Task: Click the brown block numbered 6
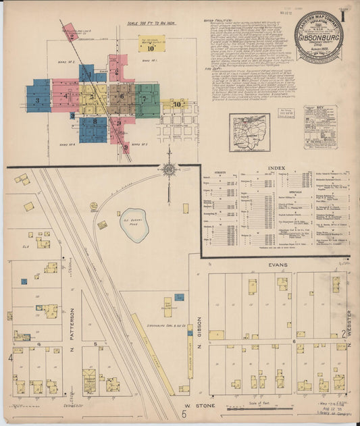pos(123,97)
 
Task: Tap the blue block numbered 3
pos(38,96)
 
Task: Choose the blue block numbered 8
pos(95,122)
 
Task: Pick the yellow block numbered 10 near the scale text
pos(151,48)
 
